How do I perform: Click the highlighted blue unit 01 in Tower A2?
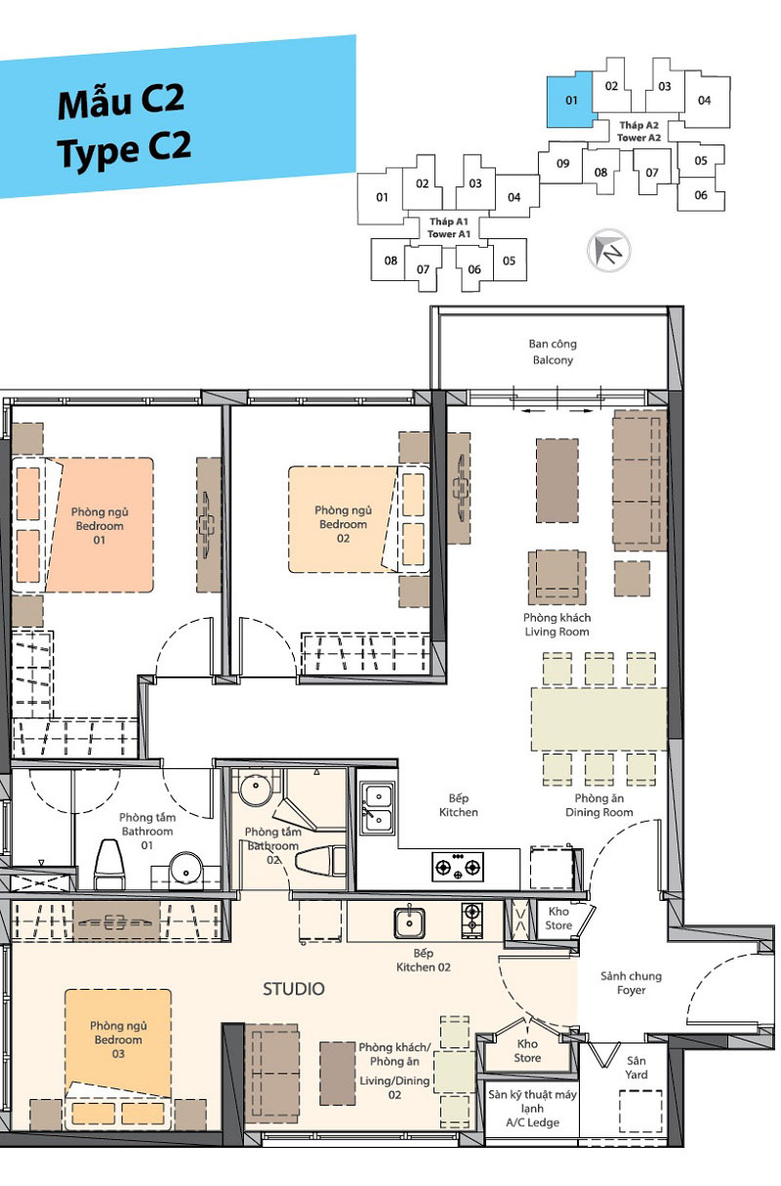[x=569, y=101]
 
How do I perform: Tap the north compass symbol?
[x=609, y=251]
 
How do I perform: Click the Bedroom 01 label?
[x=100, y=526]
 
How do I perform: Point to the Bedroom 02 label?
[x=343, y=524]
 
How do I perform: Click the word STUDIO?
[x=294, y=989]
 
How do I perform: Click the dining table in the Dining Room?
[x=598, y=719]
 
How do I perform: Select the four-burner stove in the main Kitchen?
[x=458, y=867]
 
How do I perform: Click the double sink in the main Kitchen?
[x=378, y=808]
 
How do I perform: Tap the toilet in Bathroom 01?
[x=109, y=864]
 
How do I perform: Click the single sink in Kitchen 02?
[x=409, y=922]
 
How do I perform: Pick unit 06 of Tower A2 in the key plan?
[x=701, y=195]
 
